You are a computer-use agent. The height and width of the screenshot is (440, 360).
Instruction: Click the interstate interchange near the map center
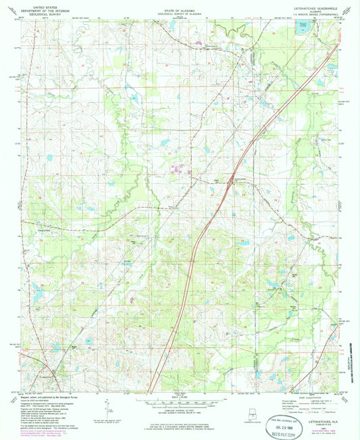coord(231,179)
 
